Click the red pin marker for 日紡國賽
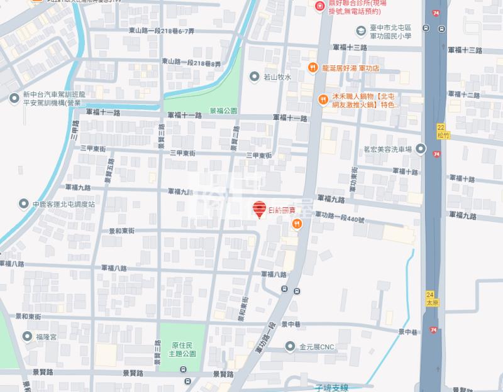tap(258, 210)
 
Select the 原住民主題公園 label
tap(184, 349)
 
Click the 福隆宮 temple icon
tap(26, 337)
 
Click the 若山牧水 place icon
tap(254, 77)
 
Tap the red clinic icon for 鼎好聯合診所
tap(319, 6)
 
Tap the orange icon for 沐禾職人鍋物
tap(321, 97)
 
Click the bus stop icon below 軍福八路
tap(286, 290)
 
